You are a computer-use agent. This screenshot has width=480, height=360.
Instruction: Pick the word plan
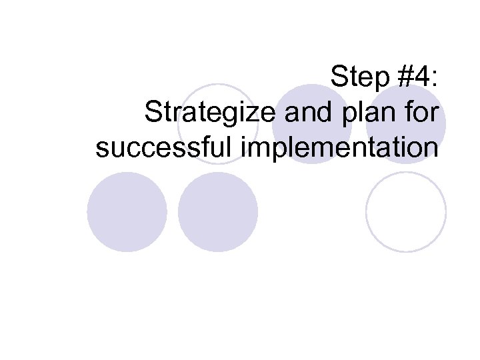pos(372,115)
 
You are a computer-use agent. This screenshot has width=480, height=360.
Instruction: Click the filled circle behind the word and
pos(312,124)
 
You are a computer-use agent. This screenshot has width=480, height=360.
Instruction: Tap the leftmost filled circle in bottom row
pos(127,212)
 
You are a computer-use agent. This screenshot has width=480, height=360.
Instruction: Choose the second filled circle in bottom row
pos(218,212)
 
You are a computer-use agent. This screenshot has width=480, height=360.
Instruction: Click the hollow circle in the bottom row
pos(406,212)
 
